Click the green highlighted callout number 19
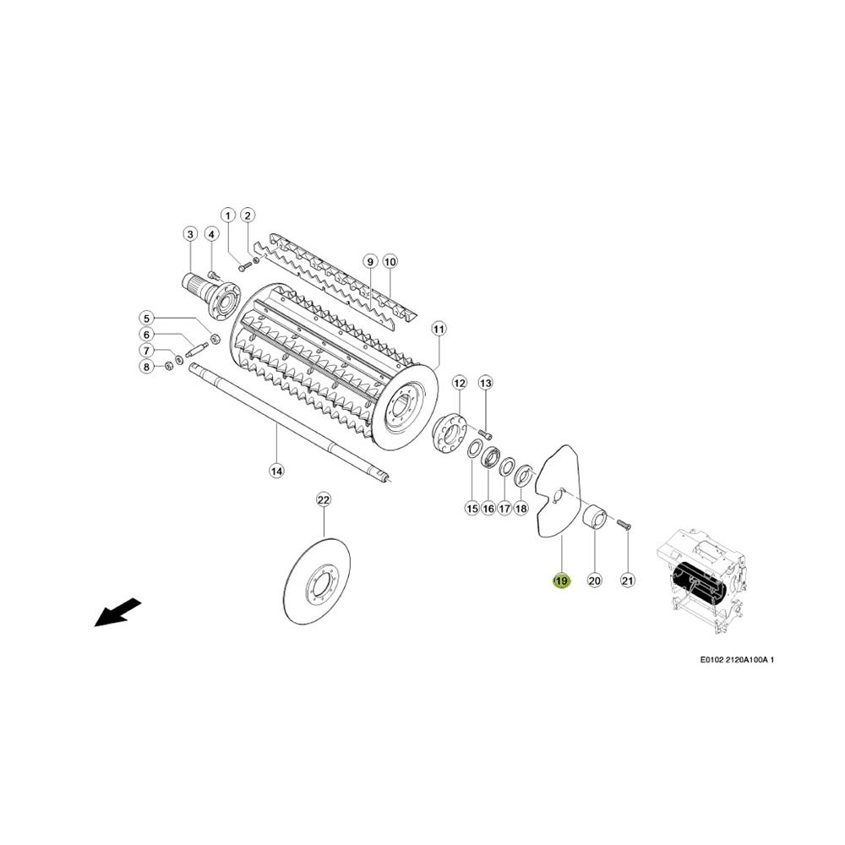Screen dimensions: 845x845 (x=561, y=581)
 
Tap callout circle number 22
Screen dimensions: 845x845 (x=323, y=500)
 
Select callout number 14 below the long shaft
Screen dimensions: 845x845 (x=276, y=471)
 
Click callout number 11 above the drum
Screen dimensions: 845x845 (x=439, y=329)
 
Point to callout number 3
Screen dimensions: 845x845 (x=189, y=234)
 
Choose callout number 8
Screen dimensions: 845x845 (x=146, y=367)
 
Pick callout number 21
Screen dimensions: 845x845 (x=628, y=581)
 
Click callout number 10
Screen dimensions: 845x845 (x=390, y=262)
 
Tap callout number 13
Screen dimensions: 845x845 (x=486, y=383)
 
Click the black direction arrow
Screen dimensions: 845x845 (x=118, y=613)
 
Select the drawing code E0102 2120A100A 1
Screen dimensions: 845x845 (x=737, y=660)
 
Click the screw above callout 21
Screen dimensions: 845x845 (x=625, y=522)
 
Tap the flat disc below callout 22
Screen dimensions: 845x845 (x=317, y=581)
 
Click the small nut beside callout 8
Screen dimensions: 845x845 (x=167, y=366)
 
